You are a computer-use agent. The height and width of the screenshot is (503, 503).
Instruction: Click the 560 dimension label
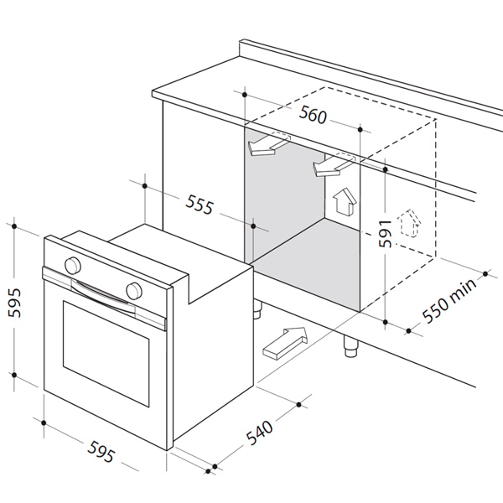(x=313, y=117)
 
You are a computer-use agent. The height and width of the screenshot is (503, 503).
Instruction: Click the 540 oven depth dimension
(x=261, y=434)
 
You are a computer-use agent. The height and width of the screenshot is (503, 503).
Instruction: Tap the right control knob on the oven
(x=133, y=290)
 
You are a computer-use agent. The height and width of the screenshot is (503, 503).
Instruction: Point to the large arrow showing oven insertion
(x=285, y=341)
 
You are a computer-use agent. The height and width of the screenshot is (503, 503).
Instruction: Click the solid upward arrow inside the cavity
(x=342, y=202)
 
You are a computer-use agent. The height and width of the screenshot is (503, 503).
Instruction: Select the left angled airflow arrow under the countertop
(x=268, y=144)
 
